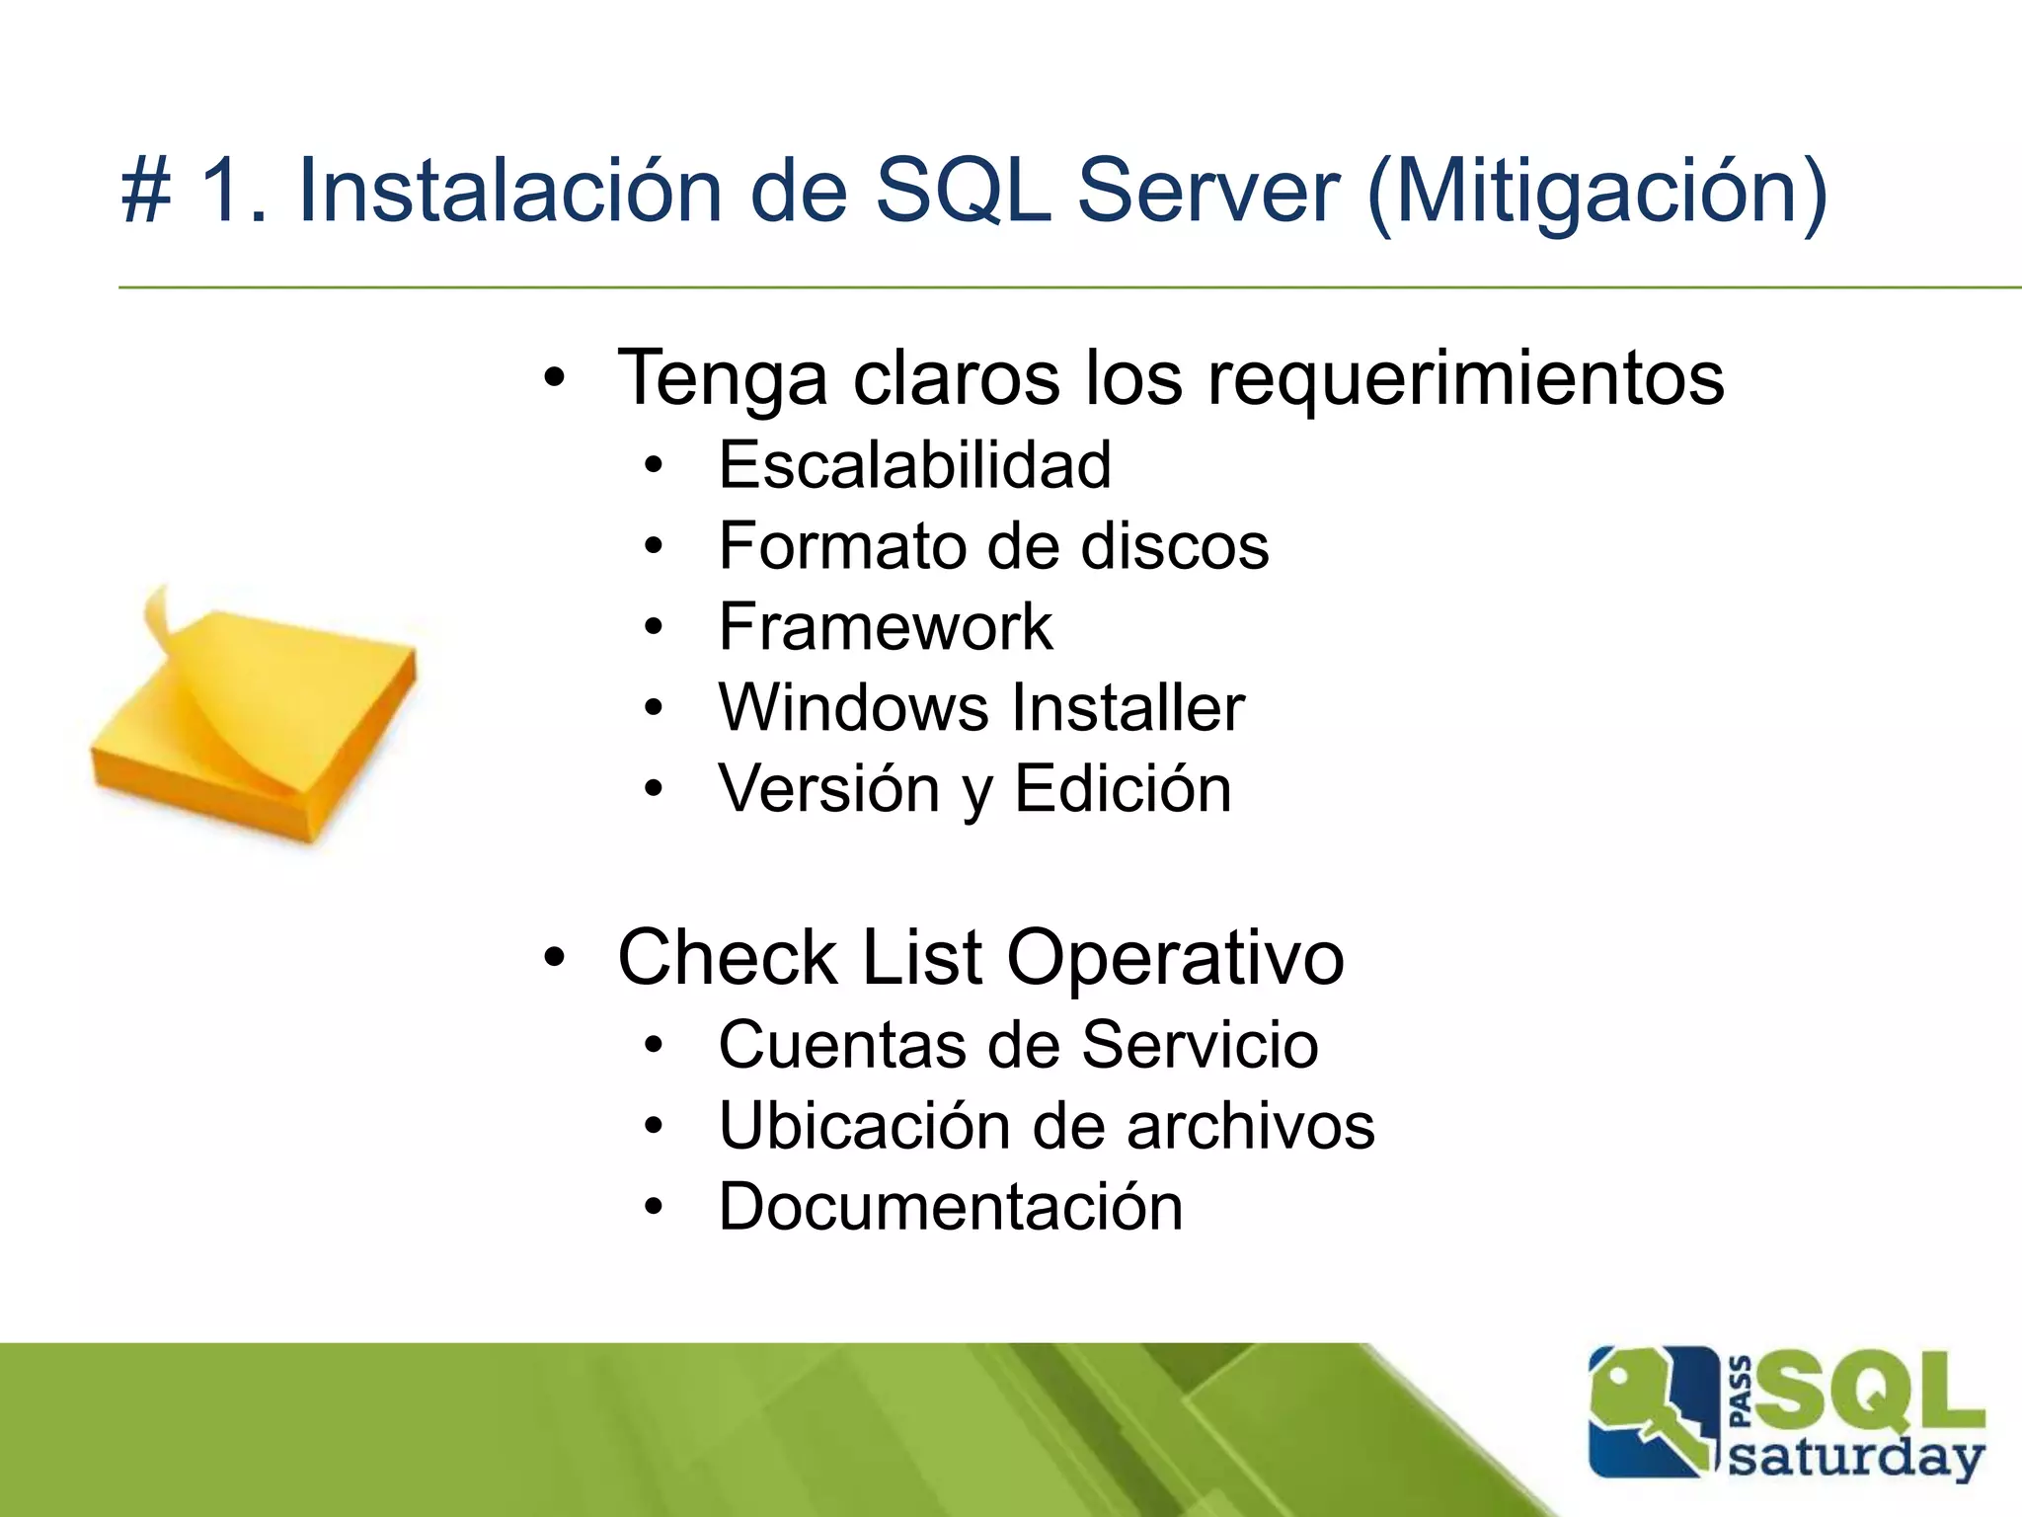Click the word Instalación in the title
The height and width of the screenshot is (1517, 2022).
point(509,191)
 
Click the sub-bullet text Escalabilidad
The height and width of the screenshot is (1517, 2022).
point(914,465)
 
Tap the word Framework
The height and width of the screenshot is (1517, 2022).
point(885,627)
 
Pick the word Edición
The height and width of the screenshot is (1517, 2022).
point(1123,789)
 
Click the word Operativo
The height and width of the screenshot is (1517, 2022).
point(1175,957)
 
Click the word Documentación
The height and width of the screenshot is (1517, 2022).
point(950,1207)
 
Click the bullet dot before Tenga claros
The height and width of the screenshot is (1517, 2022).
point(555,378)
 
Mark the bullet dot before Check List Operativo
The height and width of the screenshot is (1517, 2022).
point(555,957)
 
